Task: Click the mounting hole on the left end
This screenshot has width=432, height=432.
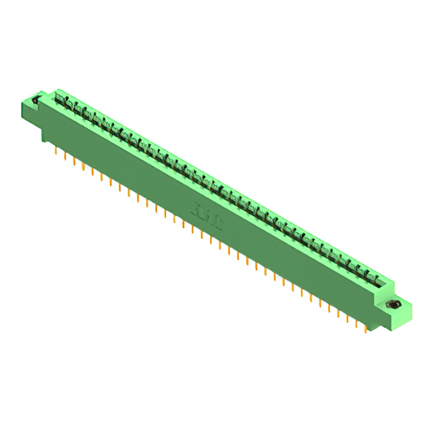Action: [34, 101]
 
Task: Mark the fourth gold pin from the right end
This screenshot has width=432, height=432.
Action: [339, 312]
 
